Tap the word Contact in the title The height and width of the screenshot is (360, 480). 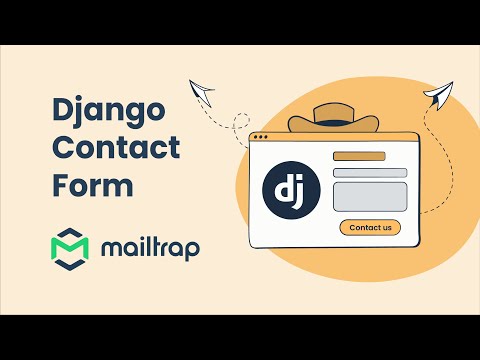point(115,148)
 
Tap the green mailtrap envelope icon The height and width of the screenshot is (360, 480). point(70,247)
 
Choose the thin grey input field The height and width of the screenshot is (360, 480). point(369,172)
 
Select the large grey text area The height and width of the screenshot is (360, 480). point(369,195)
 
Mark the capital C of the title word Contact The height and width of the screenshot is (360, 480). point(62,148)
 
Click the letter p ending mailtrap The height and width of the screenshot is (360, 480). point(191,249)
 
